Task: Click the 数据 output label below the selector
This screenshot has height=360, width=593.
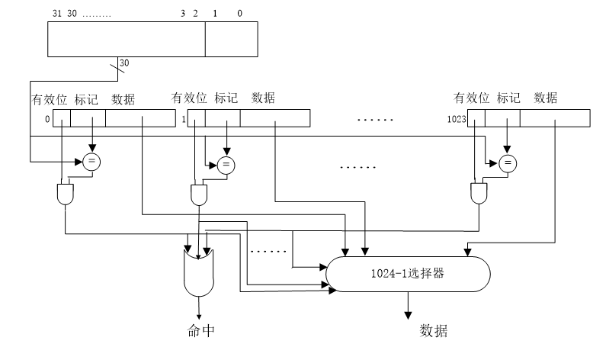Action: coord(434,331)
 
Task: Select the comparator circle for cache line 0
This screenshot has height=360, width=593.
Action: coord(91,161)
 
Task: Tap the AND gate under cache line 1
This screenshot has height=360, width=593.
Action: coord(199,194)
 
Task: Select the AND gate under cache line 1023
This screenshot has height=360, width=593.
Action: coord(479,194)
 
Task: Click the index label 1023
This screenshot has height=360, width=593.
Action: coord(457,120)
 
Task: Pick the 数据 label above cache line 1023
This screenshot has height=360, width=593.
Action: coord(545,98)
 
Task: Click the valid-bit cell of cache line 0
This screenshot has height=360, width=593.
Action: coord(61,118)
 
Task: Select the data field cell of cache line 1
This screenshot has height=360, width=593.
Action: coord(275,118)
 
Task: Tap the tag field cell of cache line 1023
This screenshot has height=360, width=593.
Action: coord(503,118)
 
